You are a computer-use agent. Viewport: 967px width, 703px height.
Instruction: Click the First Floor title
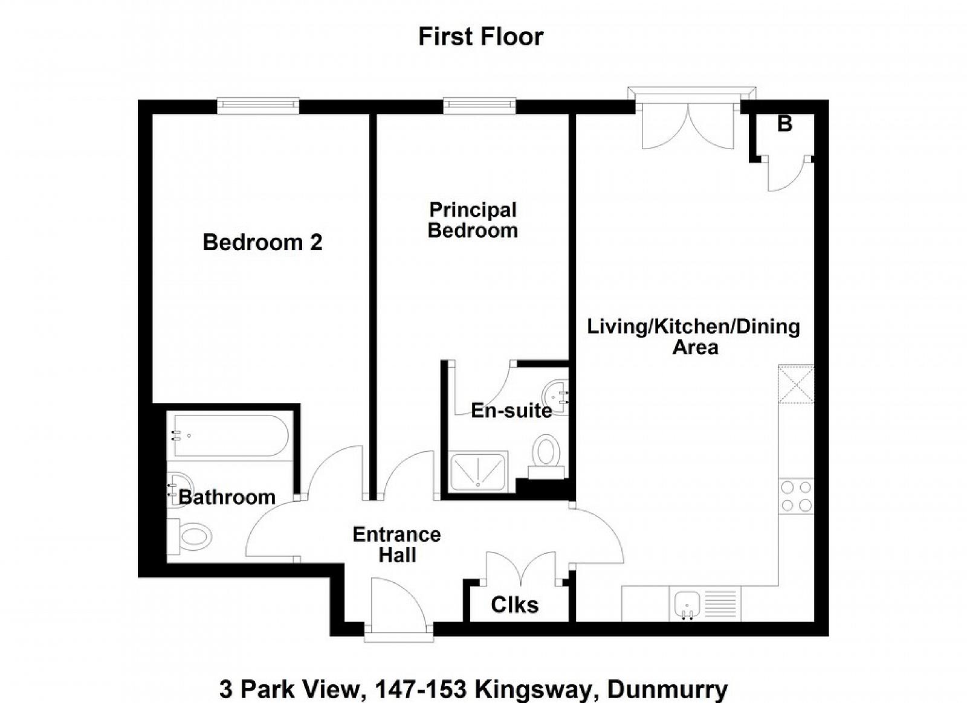tap(480, 37)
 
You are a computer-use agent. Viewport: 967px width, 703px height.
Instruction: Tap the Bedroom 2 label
tap(262, 242)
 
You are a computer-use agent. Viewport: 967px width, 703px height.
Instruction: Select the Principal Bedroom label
tap(473, 220)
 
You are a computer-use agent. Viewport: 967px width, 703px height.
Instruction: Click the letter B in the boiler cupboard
tap(785, 124)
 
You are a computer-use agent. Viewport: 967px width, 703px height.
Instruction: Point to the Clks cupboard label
tap(514, 605)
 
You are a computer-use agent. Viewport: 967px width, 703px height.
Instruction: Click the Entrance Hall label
tap(396, 545)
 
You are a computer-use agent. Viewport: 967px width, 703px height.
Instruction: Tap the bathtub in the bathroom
tap(230, 435)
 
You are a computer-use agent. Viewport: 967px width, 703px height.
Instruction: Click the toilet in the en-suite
tap(546, 457)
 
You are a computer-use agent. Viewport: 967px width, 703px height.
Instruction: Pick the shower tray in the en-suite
tap(478, 472)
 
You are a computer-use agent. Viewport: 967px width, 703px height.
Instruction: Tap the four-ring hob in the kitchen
tap(796, 496)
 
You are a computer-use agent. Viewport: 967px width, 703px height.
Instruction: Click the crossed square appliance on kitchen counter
tap(796, 384)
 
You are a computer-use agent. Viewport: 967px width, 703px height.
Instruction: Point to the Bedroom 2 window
tap(257, 106)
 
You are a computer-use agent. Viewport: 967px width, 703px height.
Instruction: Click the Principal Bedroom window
tap(480, 106)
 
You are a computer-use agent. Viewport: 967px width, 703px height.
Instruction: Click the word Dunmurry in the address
tap(667, 689)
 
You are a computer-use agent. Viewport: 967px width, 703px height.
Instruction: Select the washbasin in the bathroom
tap(179, 490)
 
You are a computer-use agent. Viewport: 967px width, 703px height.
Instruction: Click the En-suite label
tap(511, 411)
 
